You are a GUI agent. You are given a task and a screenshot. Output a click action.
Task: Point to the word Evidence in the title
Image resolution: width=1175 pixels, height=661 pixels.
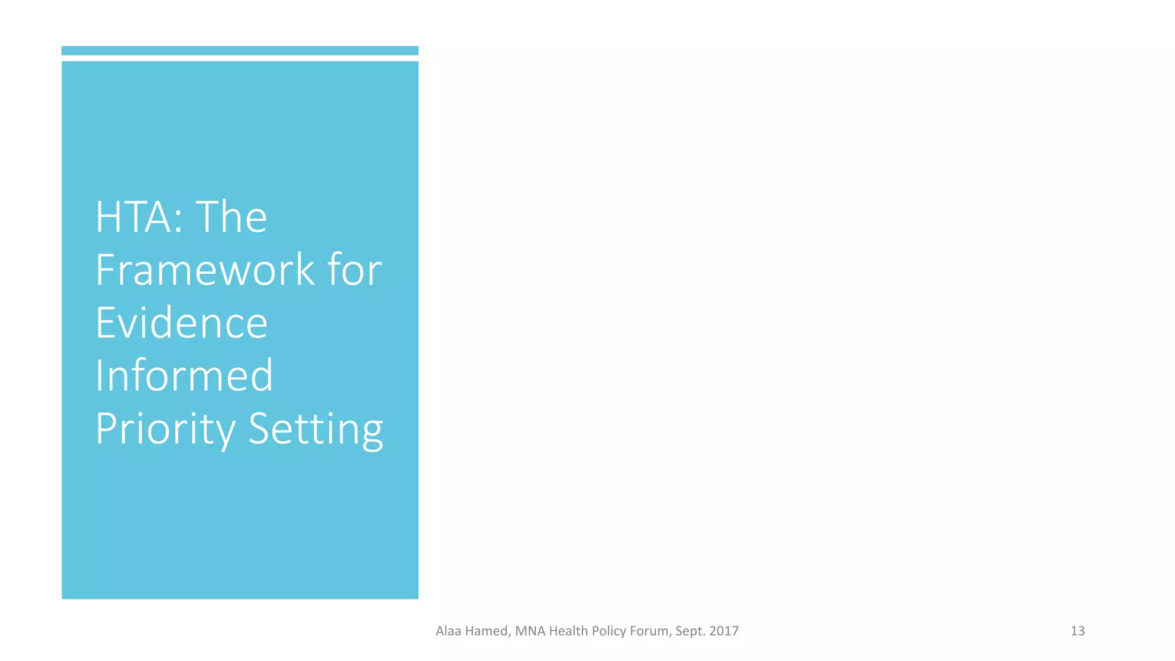point(181,322)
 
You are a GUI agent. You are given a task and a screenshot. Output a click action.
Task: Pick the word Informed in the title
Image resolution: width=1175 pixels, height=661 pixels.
point(184,375)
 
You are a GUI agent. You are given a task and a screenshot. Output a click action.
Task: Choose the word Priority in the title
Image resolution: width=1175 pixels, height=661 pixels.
point(165,429)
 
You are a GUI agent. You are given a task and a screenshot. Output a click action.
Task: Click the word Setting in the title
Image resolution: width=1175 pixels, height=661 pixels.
point(316,429)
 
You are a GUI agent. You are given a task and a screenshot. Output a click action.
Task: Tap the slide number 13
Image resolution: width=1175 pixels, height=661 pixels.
point(1077,631)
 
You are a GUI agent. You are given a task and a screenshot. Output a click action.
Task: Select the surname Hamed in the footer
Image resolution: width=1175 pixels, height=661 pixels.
point(487,631)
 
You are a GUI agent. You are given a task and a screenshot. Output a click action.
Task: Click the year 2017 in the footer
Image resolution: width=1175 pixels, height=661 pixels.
point(724,631)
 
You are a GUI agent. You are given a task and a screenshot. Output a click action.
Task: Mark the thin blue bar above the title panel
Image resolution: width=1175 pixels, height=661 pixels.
point(240,50)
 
